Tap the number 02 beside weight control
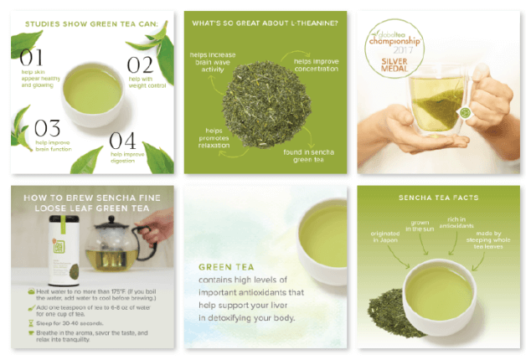tap(139, 64)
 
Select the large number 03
tap(47, 127)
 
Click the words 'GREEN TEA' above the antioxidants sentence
tap(221, 268)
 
